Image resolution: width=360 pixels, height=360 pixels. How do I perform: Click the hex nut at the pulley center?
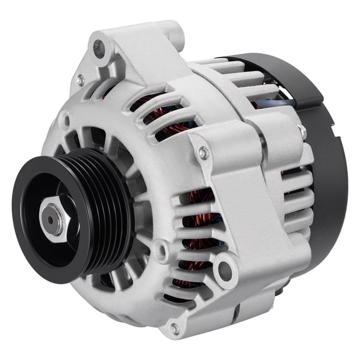(x=51, y=218)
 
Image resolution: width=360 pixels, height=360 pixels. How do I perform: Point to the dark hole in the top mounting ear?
(x=98, y=46)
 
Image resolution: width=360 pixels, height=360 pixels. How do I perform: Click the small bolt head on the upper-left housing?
(x=79, y=80)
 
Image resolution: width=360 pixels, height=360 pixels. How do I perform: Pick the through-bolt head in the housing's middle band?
(x=202, y=152)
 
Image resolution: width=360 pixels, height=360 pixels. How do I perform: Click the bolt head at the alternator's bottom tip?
(x=174, y=327)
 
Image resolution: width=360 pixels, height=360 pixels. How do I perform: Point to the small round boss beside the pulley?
(x=161, y=250)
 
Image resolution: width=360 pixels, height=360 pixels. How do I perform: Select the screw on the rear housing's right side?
(x=302, y=131)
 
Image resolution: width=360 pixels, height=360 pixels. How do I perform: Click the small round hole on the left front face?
(x=64, y=117)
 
